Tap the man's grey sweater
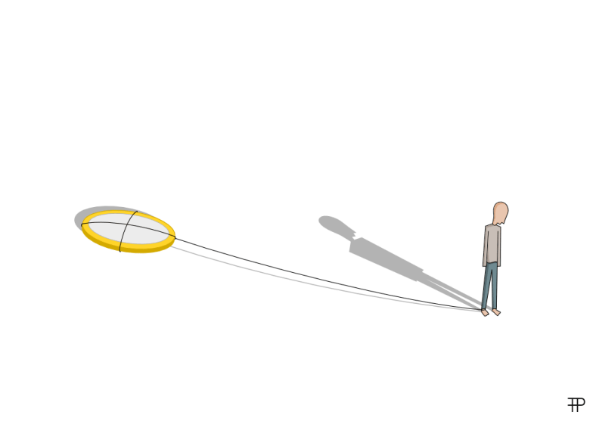click(x=492, y=244)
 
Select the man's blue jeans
click(x=491, y=285)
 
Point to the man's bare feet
click(x=492, y=311)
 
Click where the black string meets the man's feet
click(x=483, y=308)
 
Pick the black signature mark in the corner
click(x=576, y=404)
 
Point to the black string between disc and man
click(x=318, y=277)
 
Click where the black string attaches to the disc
click(x=175, y=237)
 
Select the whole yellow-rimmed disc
click(x=129, y=231)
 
